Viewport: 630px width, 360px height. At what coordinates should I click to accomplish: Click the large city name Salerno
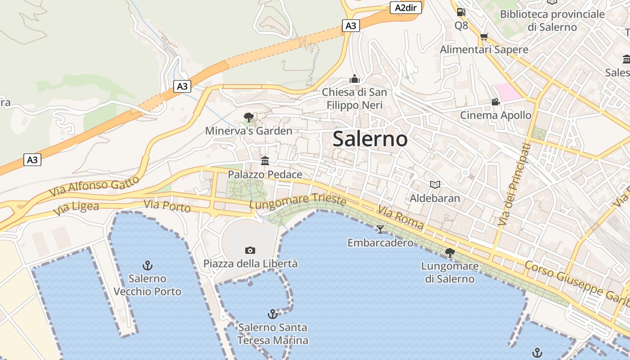tap(370, 139)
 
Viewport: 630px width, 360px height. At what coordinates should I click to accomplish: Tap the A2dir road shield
tap(405, 8)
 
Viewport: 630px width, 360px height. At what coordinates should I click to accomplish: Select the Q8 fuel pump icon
tap(461, 13)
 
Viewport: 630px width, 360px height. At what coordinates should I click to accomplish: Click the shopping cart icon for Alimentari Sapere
tap(484, 37)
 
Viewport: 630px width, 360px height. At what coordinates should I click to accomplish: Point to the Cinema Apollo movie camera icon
tap(495, 102)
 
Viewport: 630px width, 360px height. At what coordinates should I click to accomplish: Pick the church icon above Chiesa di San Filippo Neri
tap(355, 79)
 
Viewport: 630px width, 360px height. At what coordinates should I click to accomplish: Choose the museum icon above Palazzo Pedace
tap(265, 161)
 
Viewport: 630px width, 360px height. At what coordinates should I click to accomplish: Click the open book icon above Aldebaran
tap(435, 184)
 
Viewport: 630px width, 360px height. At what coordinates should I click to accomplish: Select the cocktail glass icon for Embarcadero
tap(380, 229)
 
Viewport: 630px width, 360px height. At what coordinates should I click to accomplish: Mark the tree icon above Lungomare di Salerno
tap(450, 253)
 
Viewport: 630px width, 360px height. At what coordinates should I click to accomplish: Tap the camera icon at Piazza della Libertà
tap(250, 250)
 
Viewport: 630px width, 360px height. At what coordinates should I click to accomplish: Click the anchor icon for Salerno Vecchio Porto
tap(147, 265)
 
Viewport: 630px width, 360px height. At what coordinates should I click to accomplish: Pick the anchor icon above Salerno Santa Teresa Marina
tap(272, 314)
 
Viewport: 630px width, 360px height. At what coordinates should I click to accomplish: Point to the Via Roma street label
tap(401, 217)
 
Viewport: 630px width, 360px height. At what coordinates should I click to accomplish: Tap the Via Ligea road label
tap(76, 208)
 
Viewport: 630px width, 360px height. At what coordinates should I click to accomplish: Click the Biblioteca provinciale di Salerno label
tap(553, 21)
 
